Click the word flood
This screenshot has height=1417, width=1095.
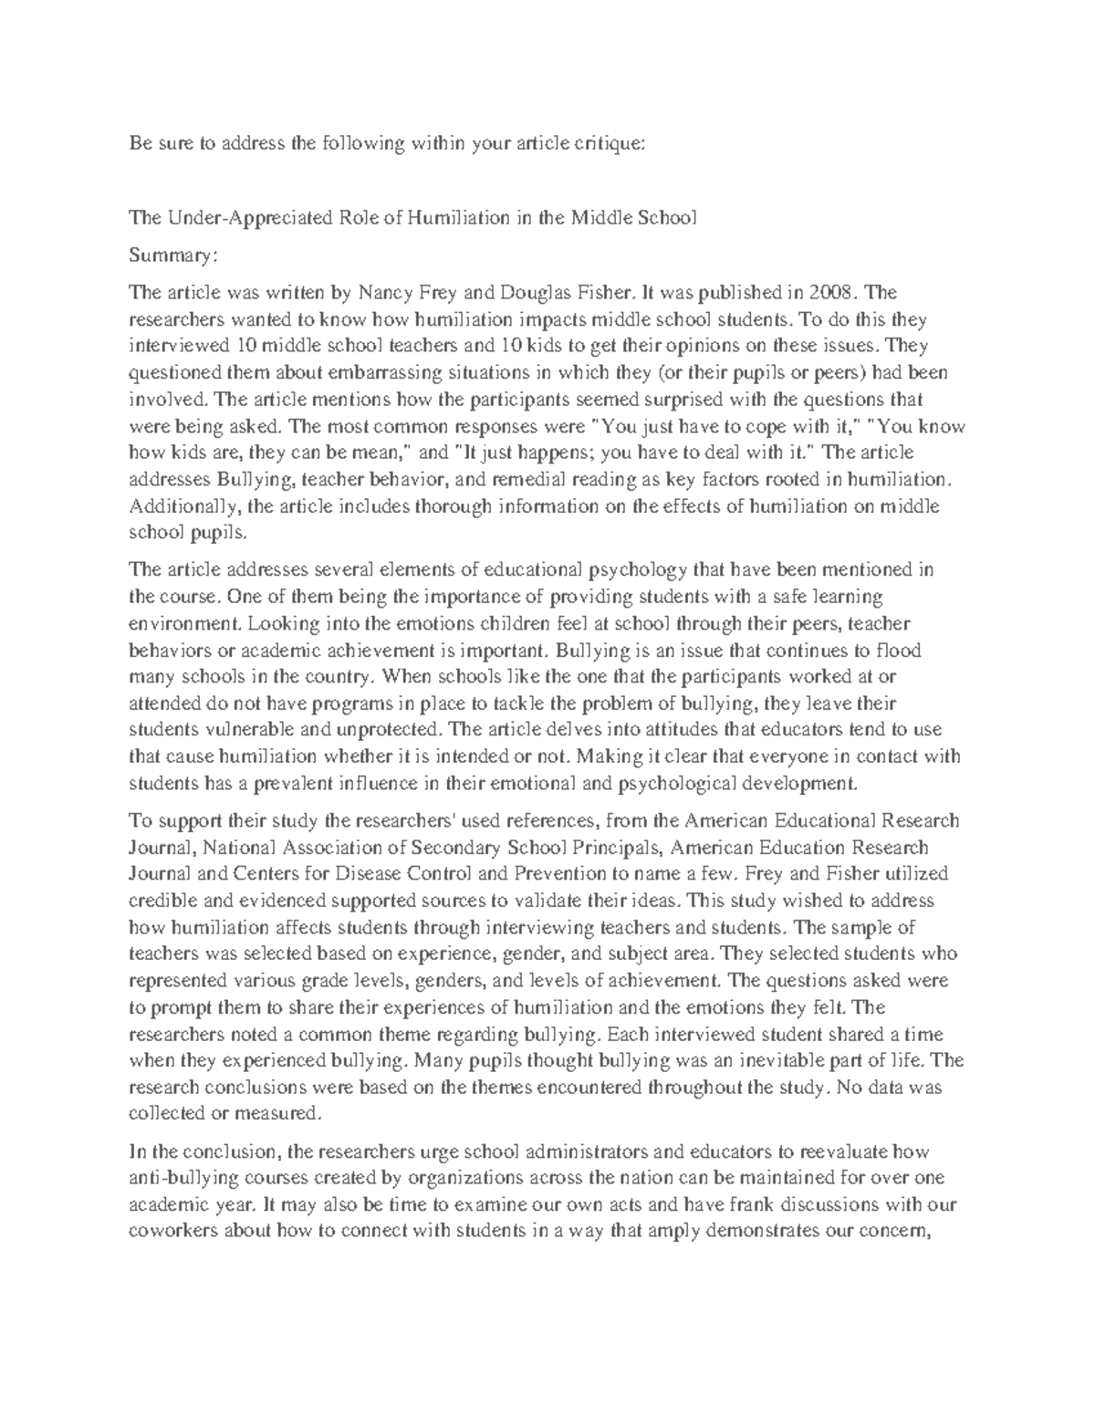pos(901,651)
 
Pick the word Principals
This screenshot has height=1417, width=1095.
pos(606,848)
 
